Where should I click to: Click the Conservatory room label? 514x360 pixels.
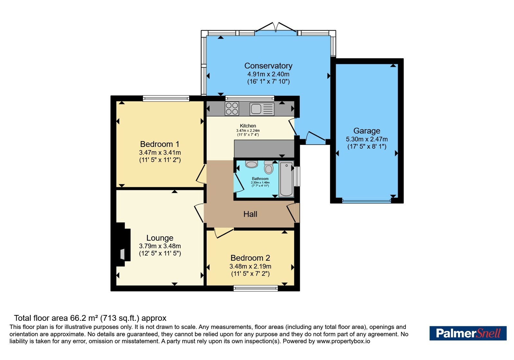point(268,66)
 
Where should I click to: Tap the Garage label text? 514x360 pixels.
point(367,131)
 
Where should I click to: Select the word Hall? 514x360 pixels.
point(250,214)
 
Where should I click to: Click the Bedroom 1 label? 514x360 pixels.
point(160,144)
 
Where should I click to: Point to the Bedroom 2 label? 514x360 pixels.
point(250,258)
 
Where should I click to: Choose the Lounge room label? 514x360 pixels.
point(160,238)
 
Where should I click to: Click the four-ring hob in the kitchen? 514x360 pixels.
point(232,108)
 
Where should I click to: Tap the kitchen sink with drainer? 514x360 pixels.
point(262,109)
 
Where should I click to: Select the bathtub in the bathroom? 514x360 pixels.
point(286,179)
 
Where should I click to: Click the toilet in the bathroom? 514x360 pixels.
point(269,167)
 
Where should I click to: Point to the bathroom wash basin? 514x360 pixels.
point(252,164)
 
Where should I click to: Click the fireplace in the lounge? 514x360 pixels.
point(123,245)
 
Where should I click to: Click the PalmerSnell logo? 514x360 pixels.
point(468,333)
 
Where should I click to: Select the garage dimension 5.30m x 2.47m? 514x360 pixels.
point(367,139)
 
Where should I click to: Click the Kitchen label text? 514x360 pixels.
point(248,126)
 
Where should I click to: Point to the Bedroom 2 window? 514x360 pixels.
point(256,288)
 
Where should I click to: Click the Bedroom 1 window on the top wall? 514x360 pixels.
point(166,98)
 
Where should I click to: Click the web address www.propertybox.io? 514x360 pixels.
point(343,341)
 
